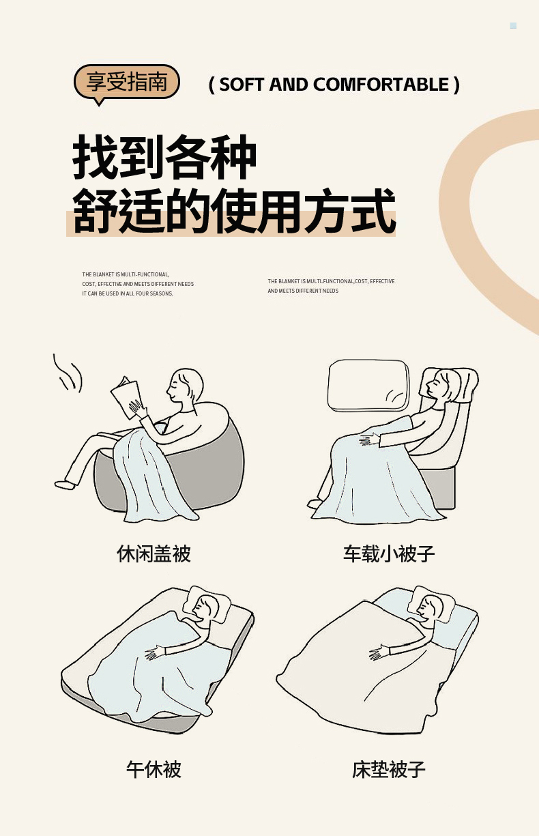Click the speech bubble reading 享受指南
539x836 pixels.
coord(127,83)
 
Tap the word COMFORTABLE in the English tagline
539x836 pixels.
coord(381,85)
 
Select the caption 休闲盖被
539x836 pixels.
coord(154,553)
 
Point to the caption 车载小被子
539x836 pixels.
coord(389,553)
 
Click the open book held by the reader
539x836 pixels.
coord(126,397)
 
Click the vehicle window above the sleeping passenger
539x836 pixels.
coord(368,386)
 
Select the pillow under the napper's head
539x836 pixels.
coord(207,604)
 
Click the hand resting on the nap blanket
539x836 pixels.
coord(155,653)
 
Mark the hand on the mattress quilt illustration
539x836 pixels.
coord(379,652)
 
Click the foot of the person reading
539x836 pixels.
coord(65,485)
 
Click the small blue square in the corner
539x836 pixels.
coord(513,26)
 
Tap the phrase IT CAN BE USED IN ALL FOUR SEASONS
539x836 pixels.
coord(128,293)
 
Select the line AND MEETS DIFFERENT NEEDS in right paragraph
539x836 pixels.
coord(303,291)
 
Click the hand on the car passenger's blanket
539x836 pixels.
coord(369,439)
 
